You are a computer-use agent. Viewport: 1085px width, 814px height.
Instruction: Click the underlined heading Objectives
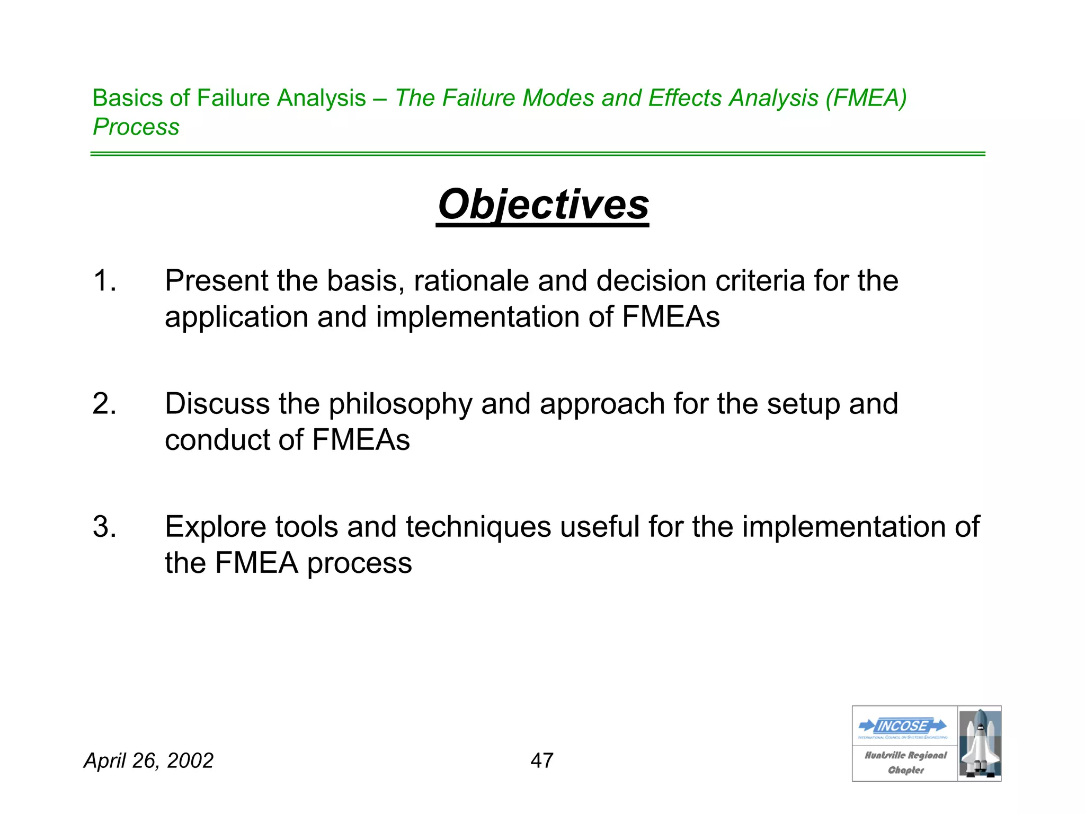click(x=543, y=205)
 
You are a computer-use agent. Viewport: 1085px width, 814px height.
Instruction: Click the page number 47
click(x=542, y=760)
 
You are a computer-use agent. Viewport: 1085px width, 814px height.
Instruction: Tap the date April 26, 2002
click(x=149, y=760)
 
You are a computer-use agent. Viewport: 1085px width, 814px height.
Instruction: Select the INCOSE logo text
click(x=903, y=725)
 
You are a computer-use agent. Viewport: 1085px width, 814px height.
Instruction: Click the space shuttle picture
click(x=980, y=744)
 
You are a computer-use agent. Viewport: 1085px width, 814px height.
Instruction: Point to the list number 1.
click(x=104, y=280)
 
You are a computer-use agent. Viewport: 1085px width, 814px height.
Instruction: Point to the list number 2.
click(x=104, y=404)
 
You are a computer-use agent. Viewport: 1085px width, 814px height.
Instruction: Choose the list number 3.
click(x=104, y=527)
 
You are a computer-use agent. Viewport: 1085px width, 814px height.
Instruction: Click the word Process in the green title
click(x=136, y=127)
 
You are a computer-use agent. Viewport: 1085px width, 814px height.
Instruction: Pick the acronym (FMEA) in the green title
click(x=866, y=98)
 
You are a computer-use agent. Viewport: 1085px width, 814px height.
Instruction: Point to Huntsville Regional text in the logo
click(x=905, y=755)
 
